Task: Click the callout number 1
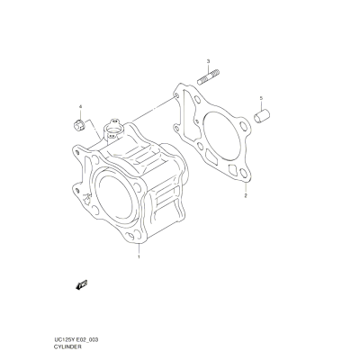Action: (x=139, y=256)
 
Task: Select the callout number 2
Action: (x=246, y=196)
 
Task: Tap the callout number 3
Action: (x=208, y=61)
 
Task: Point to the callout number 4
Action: (x=80, y=107)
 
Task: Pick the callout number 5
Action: (x=261, y=98)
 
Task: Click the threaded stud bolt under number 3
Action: (x=209, y=76)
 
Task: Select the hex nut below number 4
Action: (x=79, y=124)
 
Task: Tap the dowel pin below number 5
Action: (x=262, y=116)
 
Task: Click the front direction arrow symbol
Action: (x=81, y=284)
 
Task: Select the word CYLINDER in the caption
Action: (x=67, y=346)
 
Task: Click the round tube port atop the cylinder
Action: (x=112, y=130)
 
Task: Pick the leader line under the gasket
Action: (x=246, y=187)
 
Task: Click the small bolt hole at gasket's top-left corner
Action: (x=176, y=95)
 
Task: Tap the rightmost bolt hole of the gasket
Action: (x=245, y=127)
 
